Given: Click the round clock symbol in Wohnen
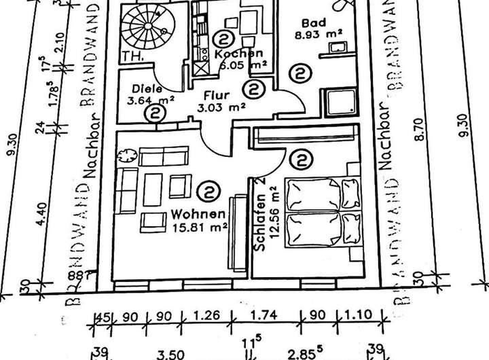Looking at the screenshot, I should [x=125, y=156].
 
